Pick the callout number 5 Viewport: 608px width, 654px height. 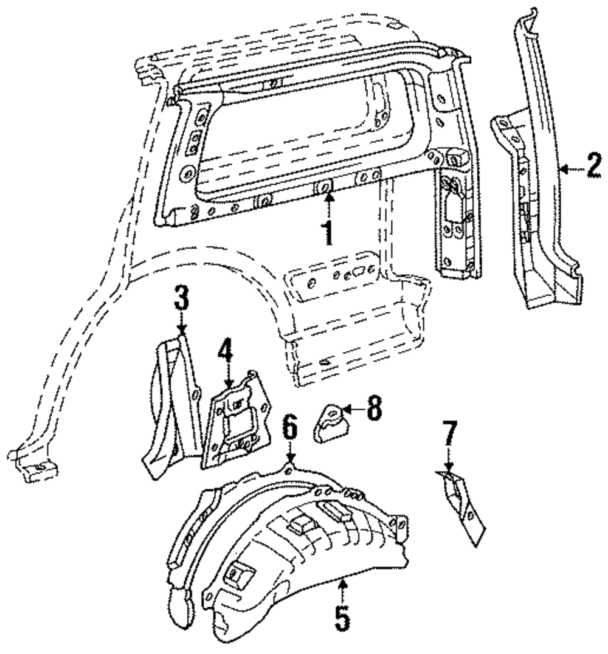coord(342,618)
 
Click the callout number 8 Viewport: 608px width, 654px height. coord(373,410)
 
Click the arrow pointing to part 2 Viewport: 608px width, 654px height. coord(568,170)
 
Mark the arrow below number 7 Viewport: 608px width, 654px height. coord(449,460)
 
